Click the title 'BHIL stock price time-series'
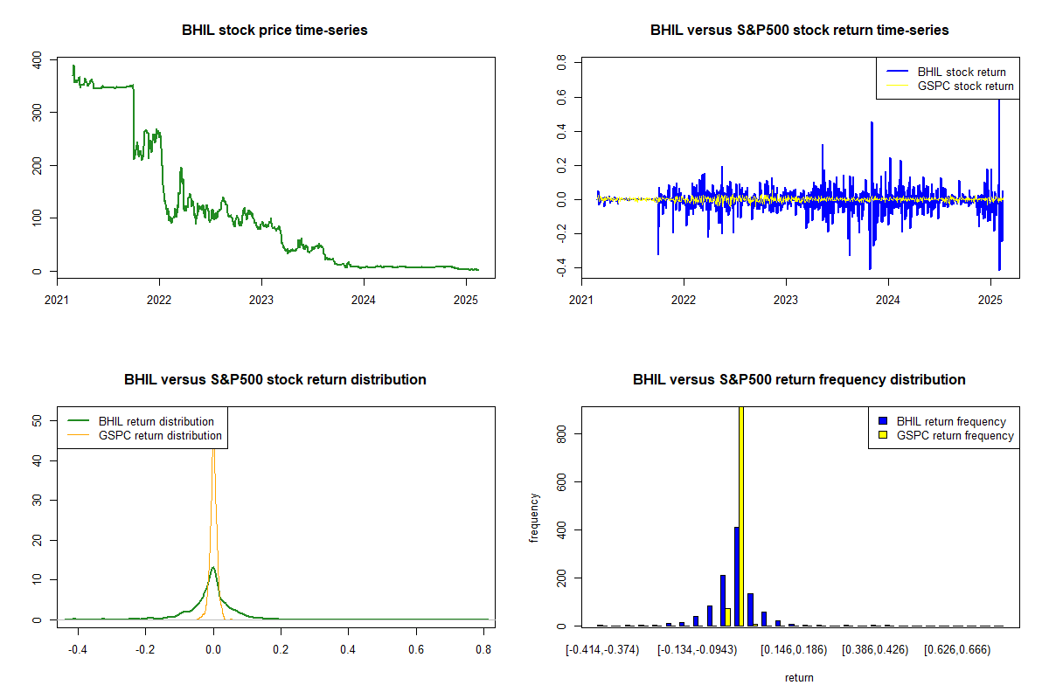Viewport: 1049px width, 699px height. click(x=274, y=31)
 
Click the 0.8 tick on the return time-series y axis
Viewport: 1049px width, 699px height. click(x=561, y=64)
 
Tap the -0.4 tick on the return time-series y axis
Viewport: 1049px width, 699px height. click(x=561, y=267)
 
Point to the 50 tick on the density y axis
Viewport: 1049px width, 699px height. click(x=37, y=420)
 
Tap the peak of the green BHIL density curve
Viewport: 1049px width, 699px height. click(x=212, y=568)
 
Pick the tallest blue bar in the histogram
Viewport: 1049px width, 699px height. click(x=737, y=577)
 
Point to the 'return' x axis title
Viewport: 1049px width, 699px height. click(x=799, y=677)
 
